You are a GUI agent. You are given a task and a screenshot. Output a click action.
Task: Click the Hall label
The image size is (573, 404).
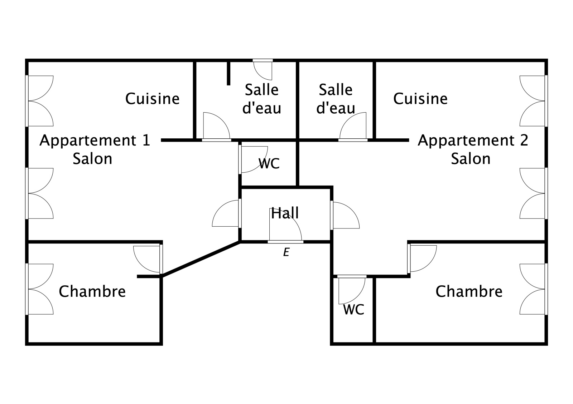click(x=285, y=213)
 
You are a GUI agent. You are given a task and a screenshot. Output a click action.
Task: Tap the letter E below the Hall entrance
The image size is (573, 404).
click(x=286, y=252)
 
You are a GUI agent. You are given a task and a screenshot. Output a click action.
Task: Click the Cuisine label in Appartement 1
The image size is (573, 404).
click(x=152, y=99)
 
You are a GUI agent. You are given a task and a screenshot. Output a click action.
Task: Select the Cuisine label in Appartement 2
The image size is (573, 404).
click(x=420, y=99)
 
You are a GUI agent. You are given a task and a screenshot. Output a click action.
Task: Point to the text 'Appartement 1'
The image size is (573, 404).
click(x=95, y=141)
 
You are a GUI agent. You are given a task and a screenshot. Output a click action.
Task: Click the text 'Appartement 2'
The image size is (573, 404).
click(x=473, y=141)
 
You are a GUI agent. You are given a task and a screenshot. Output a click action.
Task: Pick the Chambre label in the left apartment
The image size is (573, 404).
click(x=92, y=292)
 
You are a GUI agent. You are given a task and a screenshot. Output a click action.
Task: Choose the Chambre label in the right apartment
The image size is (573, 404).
click(x=469, y=292)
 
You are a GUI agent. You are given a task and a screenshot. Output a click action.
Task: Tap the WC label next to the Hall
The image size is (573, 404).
click(x=269, y=164)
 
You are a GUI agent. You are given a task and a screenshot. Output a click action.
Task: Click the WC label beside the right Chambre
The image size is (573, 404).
click(x=353, y=310)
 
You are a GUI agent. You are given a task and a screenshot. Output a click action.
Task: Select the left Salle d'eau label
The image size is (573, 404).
click(x=262, y=99)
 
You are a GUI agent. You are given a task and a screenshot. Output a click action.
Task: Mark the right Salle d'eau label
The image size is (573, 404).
click(x=336, y=99)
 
